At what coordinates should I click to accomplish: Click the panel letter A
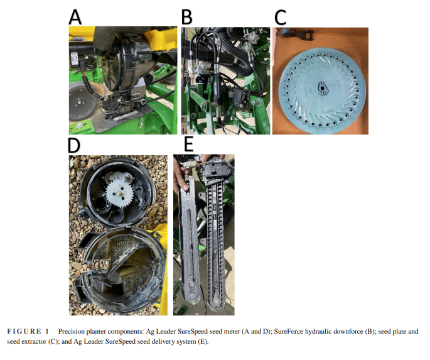pyautogui.click(x=75, y=17)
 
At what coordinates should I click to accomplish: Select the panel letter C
pyautogui.click(x=280, y=18)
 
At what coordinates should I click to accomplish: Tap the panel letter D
pyautogui.click(x=74, y=145)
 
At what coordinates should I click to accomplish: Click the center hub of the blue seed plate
pyautogui.click(x=322, y=89)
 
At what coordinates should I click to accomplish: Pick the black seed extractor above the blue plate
pyautogui.click(x=296, y=34)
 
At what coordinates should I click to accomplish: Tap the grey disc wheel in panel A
pyautogui.click(x=80, y=102)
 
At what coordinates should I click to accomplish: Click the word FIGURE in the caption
pyautogui.click(x=24, y=331)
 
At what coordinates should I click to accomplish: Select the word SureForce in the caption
pyautogui.click(x=288, y=331)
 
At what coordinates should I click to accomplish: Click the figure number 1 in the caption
pyautogui.click(x=47, y=331)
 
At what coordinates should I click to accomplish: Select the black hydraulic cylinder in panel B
pyautogui.click(x=217, y=94)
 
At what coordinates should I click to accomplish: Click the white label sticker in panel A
pyautogui.click(x=74, y=59)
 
